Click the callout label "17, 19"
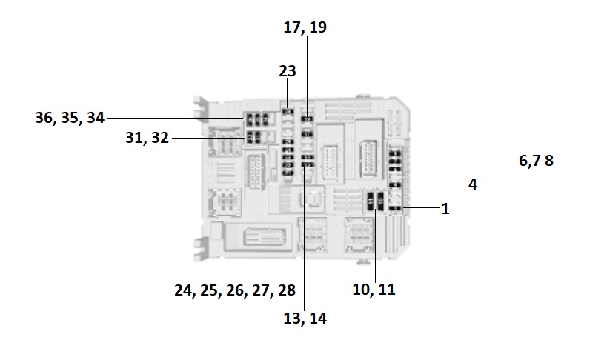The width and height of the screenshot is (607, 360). tap(305, 27)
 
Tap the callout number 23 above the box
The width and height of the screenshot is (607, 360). tap(288, 71)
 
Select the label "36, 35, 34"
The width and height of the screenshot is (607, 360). tap(70, 118)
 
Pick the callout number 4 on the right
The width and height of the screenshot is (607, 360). tap(473, 184)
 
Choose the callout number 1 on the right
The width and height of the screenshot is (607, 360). tap(445, 210)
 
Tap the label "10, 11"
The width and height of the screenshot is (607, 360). tap(374, 290)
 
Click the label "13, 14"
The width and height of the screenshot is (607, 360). tap(305, 319)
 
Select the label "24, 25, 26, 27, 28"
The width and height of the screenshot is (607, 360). tap(235, 290)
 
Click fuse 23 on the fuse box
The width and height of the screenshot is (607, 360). tap(288, 112)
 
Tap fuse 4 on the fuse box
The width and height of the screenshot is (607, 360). tap(396, 184)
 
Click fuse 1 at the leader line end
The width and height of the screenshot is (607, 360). tap(396, 210)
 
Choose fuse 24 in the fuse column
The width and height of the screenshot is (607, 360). tap(288, 140)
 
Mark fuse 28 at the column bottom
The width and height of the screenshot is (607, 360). tap(288, 173)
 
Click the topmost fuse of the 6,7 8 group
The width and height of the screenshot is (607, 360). tap(396, 152)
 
